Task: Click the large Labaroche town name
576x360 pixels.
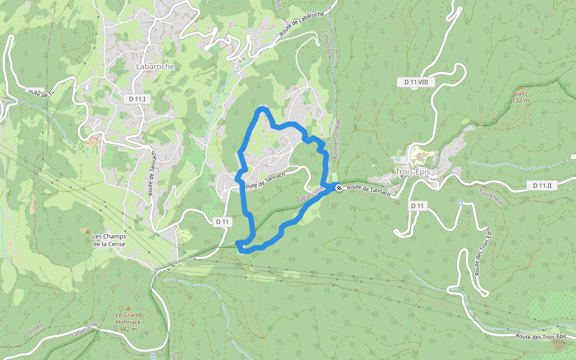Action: pyautogui.click(x=155, y=67)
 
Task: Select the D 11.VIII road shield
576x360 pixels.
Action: pyautogui.click(x=416, y=82)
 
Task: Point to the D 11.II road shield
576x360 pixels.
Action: pyautogui.click(x=542, y=185)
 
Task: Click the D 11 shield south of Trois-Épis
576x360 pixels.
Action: pyautogui.click(x=418, y=206)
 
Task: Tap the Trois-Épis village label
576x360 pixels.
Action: pyautogui.click(x=413, y=172)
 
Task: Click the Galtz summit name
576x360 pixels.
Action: pyautogui.click(x=520, y=94)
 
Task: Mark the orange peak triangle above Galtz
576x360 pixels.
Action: pyautogui.click(x=520, y=87)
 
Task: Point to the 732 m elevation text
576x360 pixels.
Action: pyautogui.click(x=520, y=101)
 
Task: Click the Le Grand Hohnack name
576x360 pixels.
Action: pyautogui.click(x=128, y=315)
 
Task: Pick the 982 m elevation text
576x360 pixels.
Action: pyautogui.click(x=128, y=329)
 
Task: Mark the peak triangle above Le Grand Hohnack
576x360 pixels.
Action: pyautogui.click(x=128, y=308)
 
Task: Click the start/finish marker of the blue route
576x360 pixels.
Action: pyautogui.click(x=339, y=187)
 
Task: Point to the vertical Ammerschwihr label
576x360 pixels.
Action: pyautogui.click(x=337, y=142)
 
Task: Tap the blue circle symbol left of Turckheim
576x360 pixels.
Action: pyautogui.click(x=460, y=203)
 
